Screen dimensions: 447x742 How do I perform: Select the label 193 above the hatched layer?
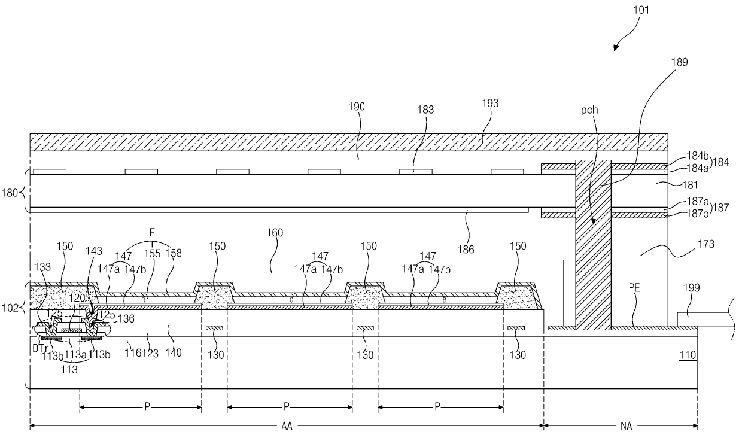490,104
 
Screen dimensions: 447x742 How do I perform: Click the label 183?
427,110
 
